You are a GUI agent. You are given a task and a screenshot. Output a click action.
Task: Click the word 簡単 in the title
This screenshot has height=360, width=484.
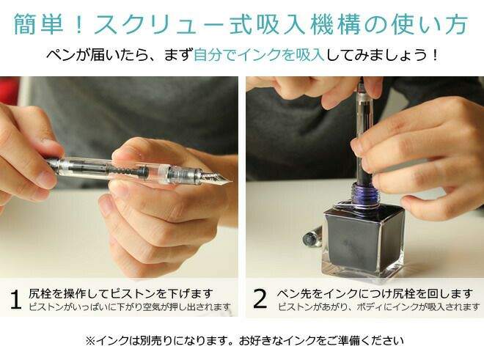point(38,24)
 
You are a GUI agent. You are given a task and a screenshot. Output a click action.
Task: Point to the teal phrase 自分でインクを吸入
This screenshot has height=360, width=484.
point(259,55)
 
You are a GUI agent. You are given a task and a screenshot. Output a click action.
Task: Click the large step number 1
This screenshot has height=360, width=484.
point(15,299)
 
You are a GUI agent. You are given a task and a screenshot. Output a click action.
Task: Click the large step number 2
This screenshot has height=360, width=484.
point(260,298)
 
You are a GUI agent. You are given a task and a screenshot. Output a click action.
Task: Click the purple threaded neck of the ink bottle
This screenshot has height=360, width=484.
point(364,194)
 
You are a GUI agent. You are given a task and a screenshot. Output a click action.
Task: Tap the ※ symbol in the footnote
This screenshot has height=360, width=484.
point(90,341)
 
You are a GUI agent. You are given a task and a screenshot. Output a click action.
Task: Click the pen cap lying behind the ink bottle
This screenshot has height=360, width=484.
point(312,237)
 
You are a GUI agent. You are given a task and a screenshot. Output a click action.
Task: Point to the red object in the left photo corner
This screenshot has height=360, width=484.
point(9,90)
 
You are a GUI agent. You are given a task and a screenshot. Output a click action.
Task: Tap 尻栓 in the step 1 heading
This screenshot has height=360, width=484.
point(40,293)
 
